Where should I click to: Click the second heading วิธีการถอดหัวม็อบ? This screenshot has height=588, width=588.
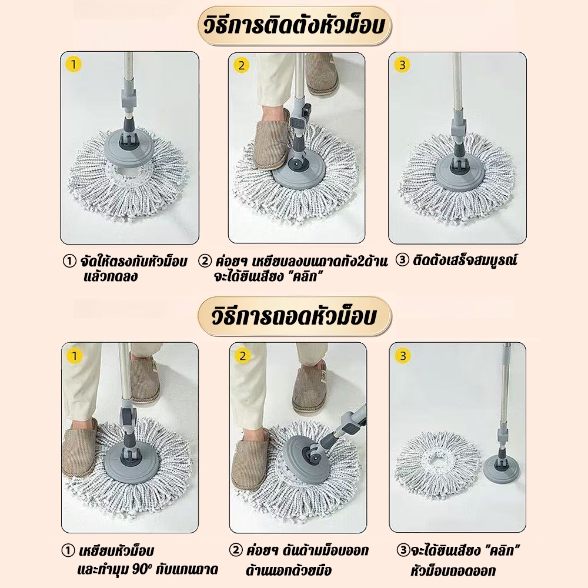295,316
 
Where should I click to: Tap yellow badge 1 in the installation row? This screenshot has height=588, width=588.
73,65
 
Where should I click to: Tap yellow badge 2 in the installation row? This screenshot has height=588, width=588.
241,66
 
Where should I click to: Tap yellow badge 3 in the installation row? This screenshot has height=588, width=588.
402,65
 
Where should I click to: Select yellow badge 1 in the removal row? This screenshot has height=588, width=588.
74,356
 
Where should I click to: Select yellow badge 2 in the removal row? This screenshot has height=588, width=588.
242,356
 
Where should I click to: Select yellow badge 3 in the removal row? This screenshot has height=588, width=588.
403,356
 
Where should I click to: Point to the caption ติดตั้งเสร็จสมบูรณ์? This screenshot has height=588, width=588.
465,260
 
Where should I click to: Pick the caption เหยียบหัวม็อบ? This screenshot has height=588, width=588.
116,551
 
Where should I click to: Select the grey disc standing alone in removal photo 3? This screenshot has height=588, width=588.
500,469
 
